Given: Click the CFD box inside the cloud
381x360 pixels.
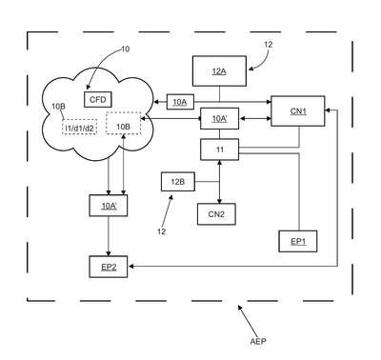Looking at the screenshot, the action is (x=98, y=100).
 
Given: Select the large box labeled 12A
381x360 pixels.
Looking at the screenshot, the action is (x=219, y=71).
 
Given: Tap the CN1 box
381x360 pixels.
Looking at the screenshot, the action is (x=298, y=111).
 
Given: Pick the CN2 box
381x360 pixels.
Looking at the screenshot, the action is (x=216, y=214).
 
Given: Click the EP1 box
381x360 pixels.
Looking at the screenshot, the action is (x=298, y=241).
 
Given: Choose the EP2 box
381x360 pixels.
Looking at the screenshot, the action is (x=109, y=267).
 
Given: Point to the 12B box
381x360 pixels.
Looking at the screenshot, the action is (x=178, y=182).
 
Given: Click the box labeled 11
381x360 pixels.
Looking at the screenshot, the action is (x=219, y=150).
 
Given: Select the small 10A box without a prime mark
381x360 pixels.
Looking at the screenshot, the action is (x=180, y=102).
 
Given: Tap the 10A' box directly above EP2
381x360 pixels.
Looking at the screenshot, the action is (x=109, y=206).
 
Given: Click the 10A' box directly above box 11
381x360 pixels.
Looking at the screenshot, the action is (x=219, y=118).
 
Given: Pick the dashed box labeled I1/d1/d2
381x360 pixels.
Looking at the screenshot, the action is (x=79, y=128).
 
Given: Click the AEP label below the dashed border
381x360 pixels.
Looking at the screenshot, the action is (x=258, y=342).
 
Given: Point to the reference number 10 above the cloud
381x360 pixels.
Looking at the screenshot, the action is (x=126, y=50).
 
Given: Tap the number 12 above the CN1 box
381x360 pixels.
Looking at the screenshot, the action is (x=269, y=45).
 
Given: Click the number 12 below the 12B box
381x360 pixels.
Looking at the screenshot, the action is (x=162, y=231).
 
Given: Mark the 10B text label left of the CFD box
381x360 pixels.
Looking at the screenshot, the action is (x=58, y=107).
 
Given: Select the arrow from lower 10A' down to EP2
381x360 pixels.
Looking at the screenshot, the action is (x=109, y=236).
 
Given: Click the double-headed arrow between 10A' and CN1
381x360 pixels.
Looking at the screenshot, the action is (x=255, y=119).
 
